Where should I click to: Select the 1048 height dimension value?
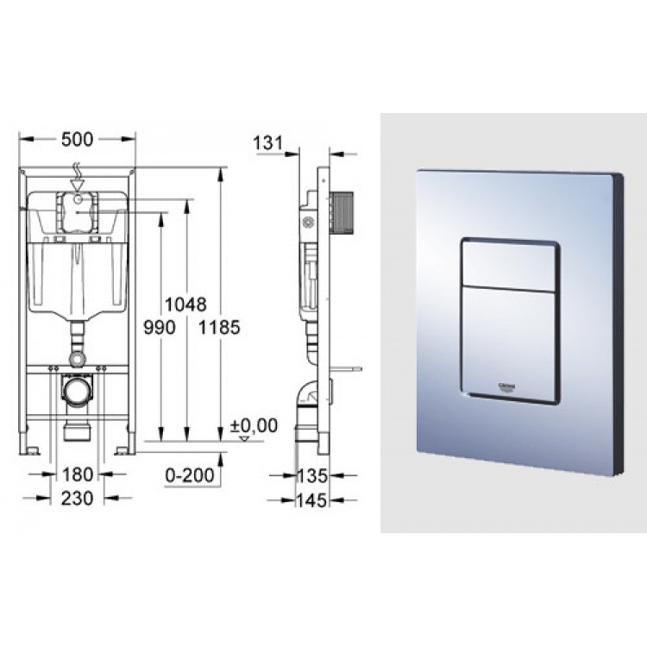pos(187,305)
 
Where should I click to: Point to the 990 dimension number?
pos(161,327)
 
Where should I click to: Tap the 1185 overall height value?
pos(219,327)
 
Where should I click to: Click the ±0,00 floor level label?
pos(255,424)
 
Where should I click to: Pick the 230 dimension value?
pos(78,499)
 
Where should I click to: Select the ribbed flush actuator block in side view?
pos(343,210)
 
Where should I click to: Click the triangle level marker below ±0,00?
pos(244,438)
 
